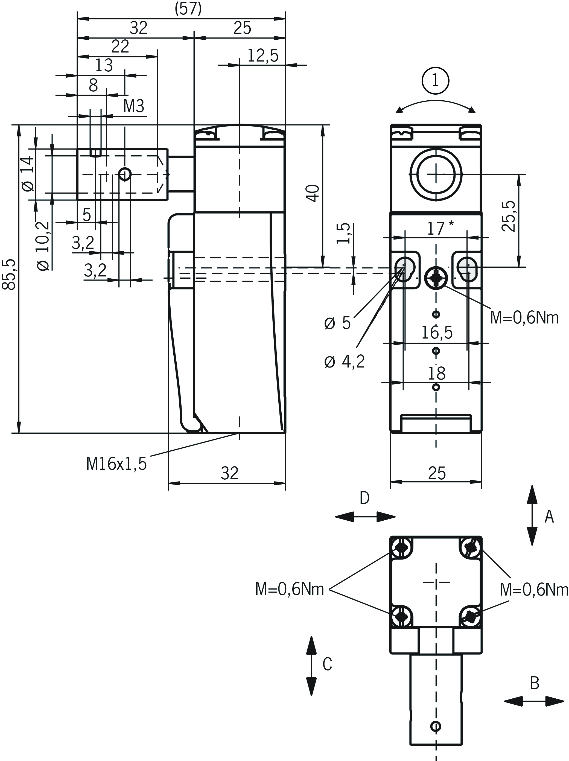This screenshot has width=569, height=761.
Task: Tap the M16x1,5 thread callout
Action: pos(116,464)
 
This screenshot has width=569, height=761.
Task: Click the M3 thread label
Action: pos(133,106)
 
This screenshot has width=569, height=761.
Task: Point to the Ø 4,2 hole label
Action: pos(344,361)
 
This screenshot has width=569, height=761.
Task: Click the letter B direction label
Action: pos(534,683)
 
